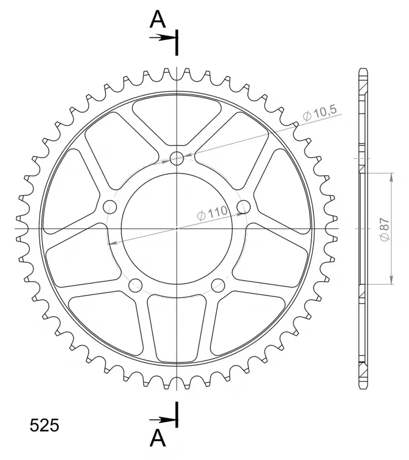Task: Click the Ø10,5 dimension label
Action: click(x=320, y=113)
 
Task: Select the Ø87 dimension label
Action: click(x=385, y=229)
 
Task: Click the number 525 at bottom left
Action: click(x=44, y=425)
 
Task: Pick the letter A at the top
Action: click(x=158, y=20)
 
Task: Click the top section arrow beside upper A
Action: click(x=162, y=37)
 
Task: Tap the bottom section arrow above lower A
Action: click(x=162, y=420)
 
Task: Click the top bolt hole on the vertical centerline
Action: click(x=177, y=159)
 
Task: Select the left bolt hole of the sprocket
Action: click(x=110, y=207)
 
